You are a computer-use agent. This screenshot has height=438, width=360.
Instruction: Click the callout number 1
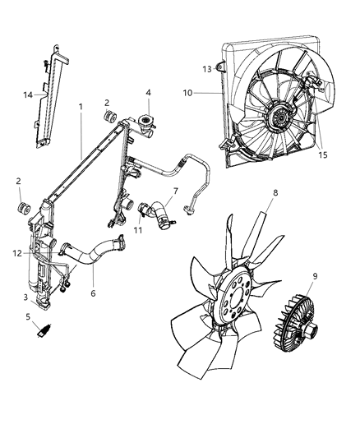click(81, 107)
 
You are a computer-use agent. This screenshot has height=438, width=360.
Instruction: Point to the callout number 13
click(208, 68)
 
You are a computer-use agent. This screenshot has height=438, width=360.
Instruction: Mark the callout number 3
click(26, 297)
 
